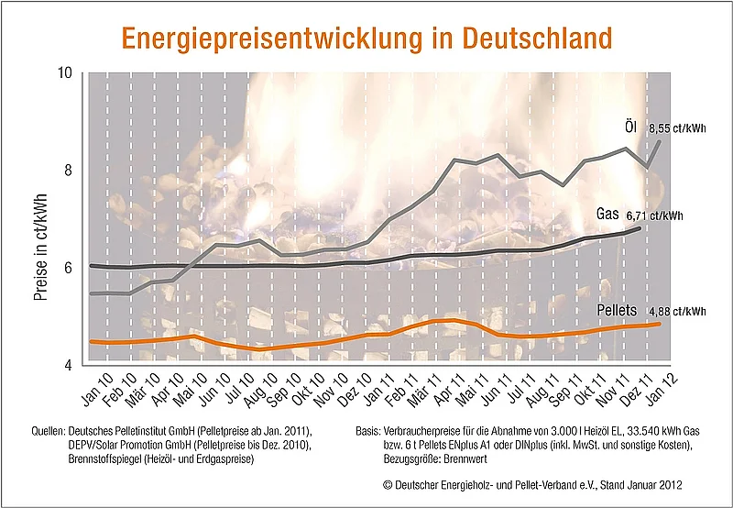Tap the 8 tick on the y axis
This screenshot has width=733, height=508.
point(68,171)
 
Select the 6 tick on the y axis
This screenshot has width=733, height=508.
point(68,268)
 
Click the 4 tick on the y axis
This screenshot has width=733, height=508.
point(68,366)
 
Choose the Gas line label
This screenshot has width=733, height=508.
point(608,213)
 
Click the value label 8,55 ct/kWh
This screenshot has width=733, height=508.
point(678,129)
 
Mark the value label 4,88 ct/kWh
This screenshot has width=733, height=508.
point(678,312)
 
